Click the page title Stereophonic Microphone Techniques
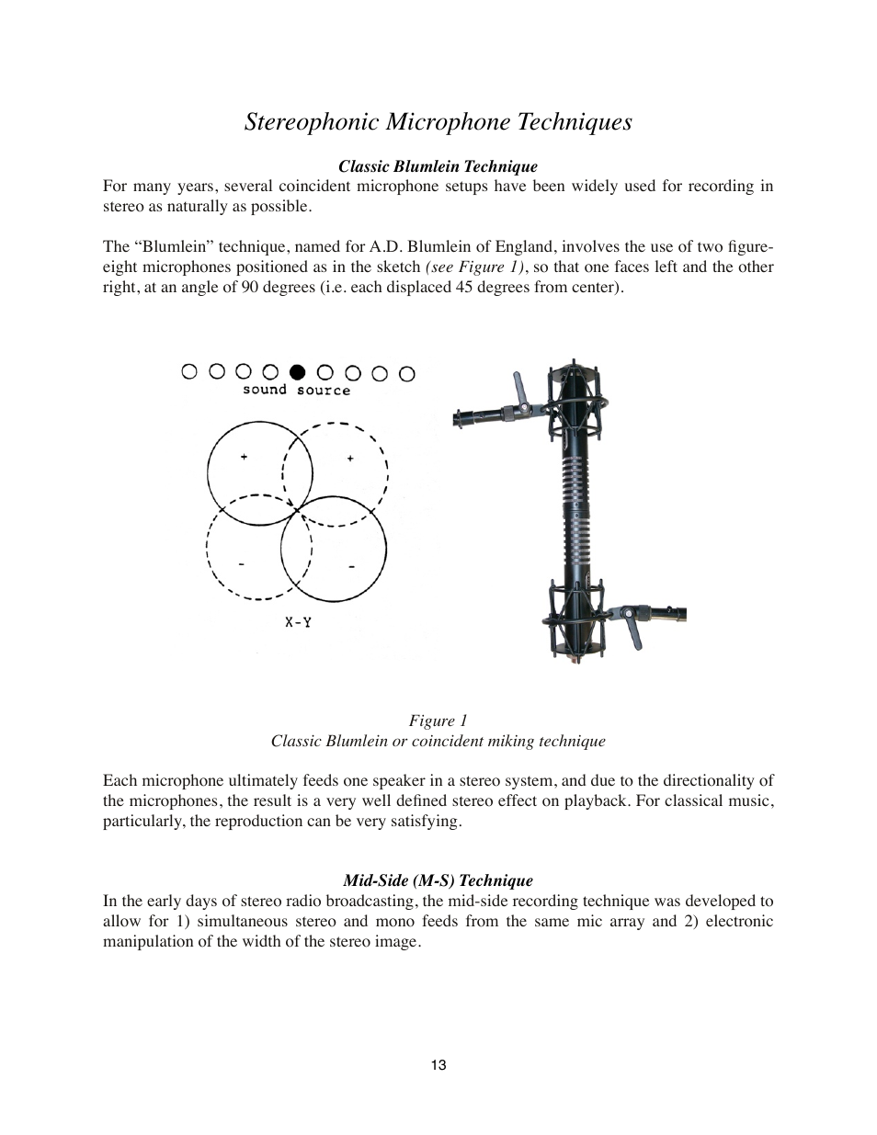tap(438, 122)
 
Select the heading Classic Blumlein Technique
tap(438, 166)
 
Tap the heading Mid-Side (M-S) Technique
tap(438, 880)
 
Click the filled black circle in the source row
tap(297, 372)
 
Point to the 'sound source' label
tap(296, 391)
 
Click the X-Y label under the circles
tap(298, 622)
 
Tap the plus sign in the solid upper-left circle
tap(244, 457)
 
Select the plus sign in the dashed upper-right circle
tap(350, 458)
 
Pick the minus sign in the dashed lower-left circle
tap(241, 563)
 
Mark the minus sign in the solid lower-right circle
tap(351, 566)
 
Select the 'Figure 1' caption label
tap(438, 721)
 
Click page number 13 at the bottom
tap(438, 1065)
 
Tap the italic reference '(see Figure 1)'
tap(477, 267)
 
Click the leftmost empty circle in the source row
tap(189, 372)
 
